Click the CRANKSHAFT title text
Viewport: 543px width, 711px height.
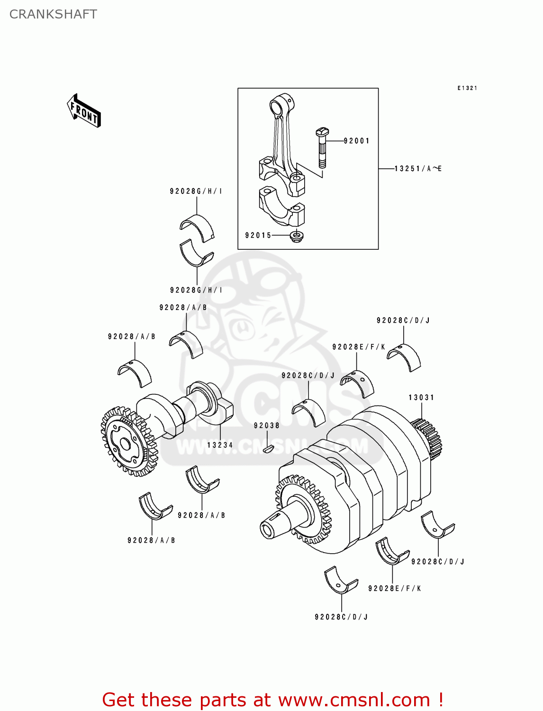tap(53, 14)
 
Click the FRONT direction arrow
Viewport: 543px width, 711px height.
tap(84, 111)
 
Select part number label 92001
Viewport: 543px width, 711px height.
tap(356, 141)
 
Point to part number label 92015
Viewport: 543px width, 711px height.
tap(258, 235)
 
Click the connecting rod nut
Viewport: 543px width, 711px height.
tap(297, 236)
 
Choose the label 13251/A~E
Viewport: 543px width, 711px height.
tap(418, 169)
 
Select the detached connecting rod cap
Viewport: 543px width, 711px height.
tap(282, 206)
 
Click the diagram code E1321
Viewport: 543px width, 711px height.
tap(467, 88)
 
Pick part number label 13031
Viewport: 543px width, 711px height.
tap(421, 398)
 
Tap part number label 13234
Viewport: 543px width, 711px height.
tap(220, 445)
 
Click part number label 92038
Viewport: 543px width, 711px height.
tap(266, 426)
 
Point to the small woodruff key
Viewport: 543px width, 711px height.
tap(268, 448)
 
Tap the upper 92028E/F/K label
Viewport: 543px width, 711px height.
tap(359, 347)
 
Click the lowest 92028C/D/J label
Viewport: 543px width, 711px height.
tap(341, 617)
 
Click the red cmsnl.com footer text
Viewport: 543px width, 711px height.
tap(272, 700)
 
